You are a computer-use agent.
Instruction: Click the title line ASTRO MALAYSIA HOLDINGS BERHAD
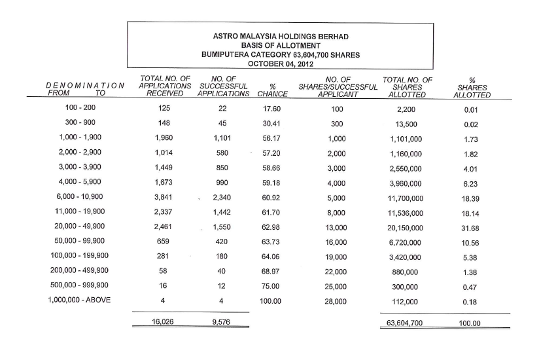coord(281,35)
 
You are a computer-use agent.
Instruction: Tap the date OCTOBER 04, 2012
coord(281,63)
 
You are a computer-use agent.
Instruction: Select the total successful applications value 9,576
coord(222,322)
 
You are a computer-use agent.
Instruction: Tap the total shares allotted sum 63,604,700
coord(406,323)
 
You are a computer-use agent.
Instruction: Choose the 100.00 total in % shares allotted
coord(469,323)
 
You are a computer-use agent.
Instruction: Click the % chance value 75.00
coord(271,286)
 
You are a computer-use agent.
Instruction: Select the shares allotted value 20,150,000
coord(406,228)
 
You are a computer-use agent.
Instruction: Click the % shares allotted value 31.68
coord(469,228)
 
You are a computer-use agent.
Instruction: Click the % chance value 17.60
coord(271,109)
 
